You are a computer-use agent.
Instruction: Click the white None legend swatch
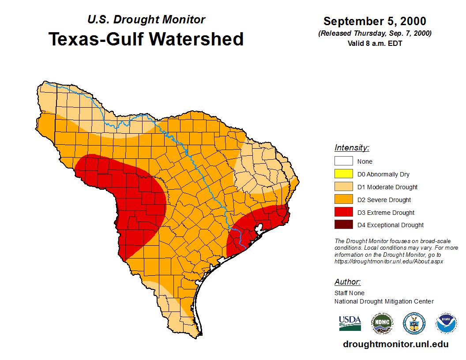click(x=343, y=161)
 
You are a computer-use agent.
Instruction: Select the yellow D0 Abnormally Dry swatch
click(x=343, y=174)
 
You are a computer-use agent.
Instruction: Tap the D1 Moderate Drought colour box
click(x=343, y=187)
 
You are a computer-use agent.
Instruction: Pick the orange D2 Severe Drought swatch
click(x=343, y=200)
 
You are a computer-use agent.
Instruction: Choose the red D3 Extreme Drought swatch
click(x=343, y=213)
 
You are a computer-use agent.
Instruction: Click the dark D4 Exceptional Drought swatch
click(x=343, y=225)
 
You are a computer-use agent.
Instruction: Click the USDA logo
click(x=350, y=323)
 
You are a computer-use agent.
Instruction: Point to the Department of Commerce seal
click(x=414, y=323)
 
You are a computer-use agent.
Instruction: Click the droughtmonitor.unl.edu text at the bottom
click(x=395, y=345)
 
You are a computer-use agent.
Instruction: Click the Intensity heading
click(x=352, y=148)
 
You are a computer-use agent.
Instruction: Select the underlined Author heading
click(x=347, y=282)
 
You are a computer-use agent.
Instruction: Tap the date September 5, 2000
click(x=375, y=21)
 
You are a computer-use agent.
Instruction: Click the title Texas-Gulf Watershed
click(x=146, y=39)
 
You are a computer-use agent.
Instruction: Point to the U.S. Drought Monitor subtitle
click(x=146, y=20)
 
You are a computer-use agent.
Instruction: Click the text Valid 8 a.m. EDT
click(x=375, y=43)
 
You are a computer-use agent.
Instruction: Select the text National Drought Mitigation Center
click(x=384, y=301)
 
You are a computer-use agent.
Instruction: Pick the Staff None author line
click(x=349, y=293)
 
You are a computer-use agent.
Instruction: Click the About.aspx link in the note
click(x=389, y=261)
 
